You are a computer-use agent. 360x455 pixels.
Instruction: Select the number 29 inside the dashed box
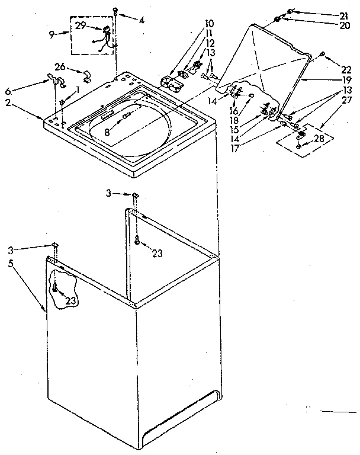[81, 25]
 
